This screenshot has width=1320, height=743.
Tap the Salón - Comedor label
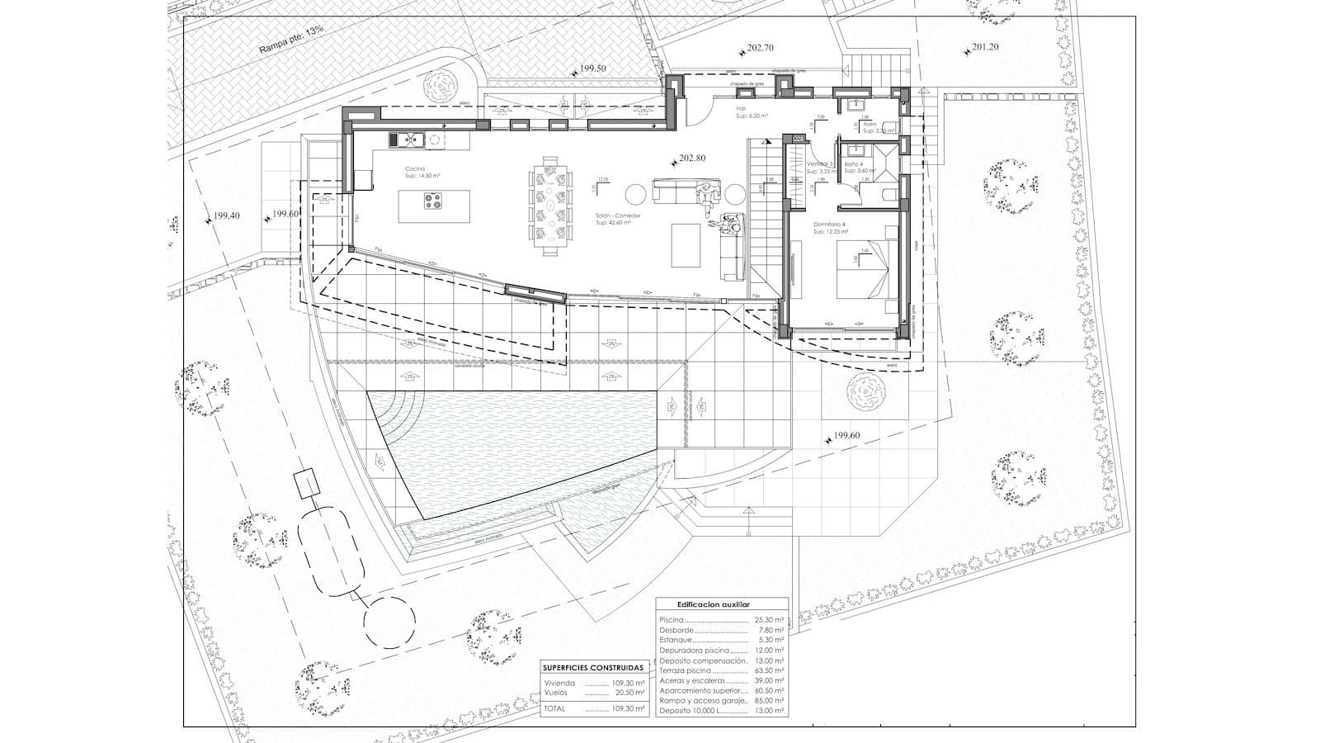(619, 215)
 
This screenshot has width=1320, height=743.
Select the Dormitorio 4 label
(830, 225)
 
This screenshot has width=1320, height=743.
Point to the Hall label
(741, 108)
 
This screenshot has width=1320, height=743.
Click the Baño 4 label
(854, 164)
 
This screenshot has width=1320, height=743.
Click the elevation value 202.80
(693, 158)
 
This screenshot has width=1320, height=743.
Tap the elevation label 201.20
(984, 47)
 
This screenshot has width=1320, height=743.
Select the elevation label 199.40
(225, 216)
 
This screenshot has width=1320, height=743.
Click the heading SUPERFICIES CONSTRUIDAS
(594, 667)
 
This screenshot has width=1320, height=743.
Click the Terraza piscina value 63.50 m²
(768, 670)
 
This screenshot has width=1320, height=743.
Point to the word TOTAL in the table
(554, 708)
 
